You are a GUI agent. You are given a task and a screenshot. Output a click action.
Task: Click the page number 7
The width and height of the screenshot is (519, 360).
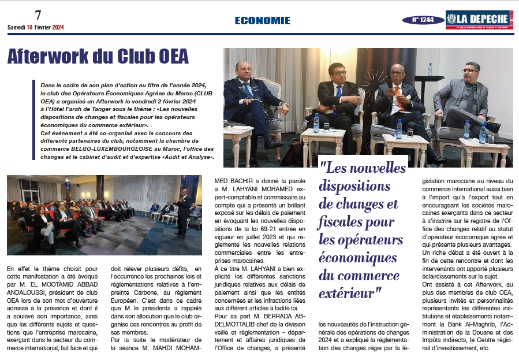click(x=38, y=15)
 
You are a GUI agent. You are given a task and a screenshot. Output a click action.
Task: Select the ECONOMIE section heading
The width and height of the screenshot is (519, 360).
click(x=262, y=20)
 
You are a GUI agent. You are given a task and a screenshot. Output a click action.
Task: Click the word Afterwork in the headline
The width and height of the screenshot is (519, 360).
click(x=57, y=57)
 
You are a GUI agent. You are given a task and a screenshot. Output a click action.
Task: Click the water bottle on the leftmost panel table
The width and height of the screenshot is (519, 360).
click(x=316, y=123)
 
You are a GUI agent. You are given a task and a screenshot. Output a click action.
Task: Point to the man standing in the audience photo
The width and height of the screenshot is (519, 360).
click(x=184, y=212)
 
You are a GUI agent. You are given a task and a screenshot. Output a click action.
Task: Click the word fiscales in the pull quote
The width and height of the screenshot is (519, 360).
click(x=345, y=222)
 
